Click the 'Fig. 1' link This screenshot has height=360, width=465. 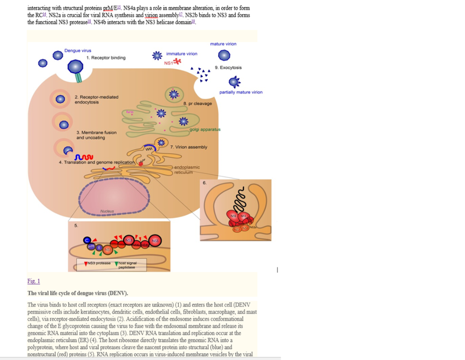click(34, 281)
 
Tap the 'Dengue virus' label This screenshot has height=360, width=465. click(78, 51)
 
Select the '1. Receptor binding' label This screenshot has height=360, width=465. click(106, 58)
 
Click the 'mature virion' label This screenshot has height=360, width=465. click(223, 44)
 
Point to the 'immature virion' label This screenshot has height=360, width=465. click(182, 54)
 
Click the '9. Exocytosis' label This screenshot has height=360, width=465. click(228, 68)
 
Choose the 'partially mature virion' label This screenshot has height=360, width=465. click(241, 92)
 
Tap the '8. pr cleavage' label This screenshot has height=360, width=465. click(198, 104)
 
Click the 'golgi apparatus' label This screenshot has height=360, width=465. click(205, 129)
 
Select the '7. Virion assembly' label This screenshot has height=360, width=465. click(188, 147)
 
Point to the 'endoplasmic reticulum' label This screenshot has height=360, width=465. click(187, 169)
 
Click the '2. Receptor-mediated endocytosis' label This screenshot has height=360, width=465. click(96, 99)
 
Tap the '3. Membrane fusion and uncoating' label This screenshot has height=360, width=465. click(96, 135)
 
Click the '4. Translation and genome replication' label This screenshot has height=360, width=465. click(97, 162)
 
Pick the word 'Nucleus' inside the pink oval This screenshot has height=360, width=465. click(107, 211)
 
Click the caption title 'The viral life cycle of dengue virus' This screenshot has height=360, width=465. click(78, 293)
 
